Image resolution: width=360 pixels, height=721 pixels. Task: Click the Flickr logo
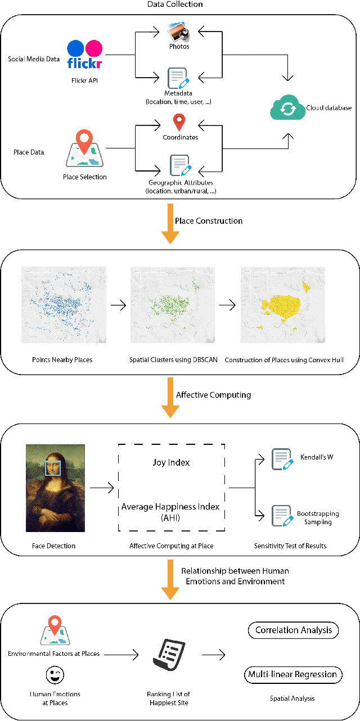point(85,55)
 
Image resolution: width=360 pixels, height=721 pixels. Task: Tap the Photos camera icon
point(179,32)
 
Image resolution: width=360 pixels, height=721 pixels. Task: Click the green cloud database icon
point(287,107)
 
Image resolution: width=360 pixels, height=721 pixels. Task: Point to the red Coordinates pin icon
point(179,121)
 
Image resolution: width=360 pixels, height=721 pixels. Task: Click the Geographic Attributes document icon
point(179,165)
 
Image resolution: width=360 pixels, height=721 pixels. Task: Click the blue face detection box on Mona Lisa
point(53,467)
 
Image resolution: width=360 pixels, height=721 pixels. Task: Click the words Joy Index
point(171,462)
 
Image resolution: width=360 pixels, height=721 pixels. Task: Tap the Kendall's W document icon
point(281,458)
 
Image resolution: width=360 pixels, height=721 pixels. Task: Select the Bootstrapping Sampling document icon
point(281,515)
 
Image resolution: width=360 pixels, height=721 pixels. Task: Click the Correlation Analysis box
point(293,630)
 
